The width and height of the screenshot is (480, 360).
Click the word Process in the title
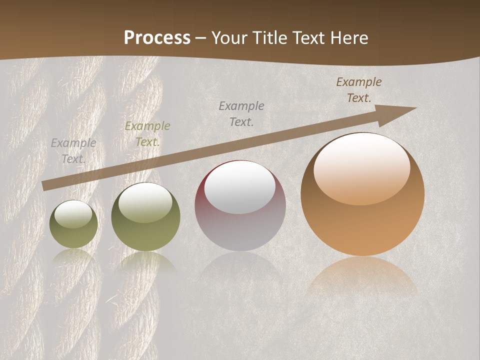tap(157, 37)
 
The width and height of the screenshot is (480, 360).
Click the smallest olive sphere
tap(73, 224)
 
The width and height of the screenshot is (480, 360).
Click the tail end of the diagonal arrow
tap(44, 186)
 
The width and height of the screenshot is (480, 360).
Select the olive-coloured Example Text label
tap(147, 134)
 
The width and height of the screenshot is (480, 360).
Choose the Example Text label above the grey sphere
tap(241, 113)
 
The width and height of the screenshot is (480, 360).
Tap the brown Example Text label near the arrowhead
tap(359, 90)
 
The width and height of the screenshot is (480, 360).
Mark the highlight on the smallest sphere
tap(73, 213)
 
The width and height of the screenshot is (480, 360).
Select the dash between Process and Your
tap(201, 38)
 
